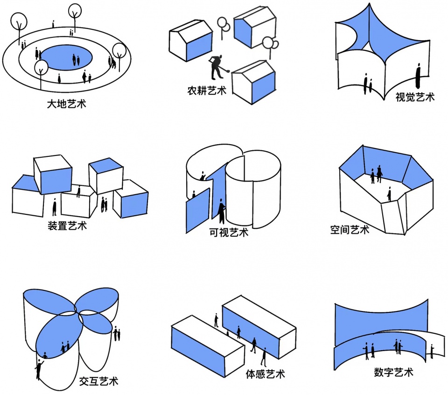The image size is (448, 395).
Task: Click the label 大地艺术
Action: [66, 104]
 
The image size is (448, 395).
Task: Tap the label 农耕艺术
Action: [207, 91]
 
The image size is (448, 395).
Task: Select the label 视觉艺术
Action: [415, 97]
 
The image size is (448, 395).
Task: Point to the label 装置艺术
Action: [67, 226]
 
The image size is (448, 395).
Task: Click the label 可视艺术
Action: [229, 232]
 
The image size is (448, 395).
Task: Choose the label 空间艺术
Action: [350, 230]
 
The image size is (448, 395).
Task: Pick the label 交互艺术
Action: [98, 381]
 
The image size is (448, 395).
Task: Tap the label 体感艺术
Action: [266, 374]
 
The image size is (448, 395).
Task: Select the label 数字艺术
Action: [394, 372]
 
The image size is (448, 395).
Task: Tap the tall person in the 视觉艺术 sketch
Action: [418, 76]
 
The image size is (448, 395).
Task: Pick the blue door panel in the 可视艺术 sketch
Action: [198, 211]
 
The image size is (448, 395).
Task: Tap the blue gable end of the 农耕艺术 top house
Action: [243, 32]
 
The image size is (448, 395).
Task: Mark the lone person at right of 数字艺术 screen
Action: [432, 351]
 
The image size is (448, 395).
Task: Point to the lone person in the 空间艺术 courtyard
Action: [389, 194]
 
